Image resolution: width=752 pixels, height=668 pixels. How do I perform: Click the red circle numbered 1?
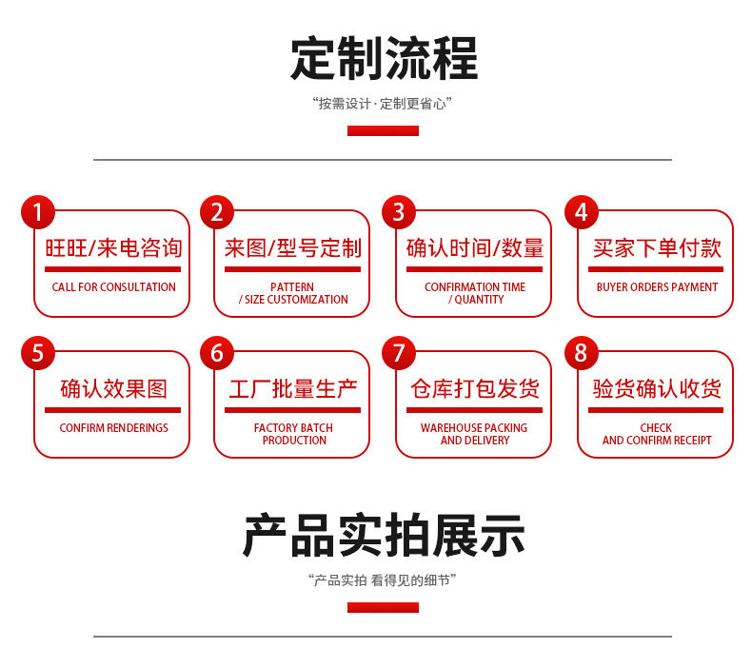pos(38,212)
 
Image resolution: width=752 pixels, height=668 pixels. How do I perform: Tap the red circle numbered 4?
pos(582,212)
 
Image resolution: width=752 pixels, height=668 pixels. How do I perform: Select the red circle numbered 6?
pos(217,353)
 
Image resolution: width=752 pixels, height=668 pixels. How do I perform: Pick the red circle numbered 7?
pos(399,353)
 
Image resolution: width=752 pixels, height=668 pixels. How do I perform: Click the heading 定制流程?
pos(384,58)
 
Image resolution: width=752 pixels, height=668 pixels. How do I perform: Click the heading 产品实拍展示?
pos(384,535)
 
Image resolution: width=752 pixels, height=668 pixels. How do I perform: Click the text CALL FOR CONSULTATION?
pos(113,287)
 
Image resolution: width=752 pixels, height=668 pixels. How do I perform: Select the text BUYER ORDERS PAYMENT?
pos(657,287)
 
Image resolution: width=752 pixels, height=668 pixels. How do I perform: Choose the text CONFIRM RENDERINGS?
pos(113,428)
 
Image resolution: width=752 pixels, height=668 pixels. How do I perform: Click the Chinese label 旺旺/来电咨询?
pos(113,248)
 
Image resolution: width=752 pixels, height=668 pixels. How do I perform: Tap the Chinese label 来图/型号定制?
pos(293,248)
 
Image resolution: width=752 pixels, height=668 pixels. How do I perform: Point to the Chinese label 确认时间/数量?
pos(475,248)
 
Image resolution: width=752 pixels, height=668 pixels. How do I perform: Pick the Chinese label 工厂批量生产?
pos(293,389)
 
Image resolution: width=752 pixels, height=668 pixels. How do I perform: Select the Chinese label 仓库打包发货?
pos(475,389)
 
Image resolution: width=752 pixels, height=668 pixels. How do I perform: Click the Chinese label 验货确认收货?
pos(657,389)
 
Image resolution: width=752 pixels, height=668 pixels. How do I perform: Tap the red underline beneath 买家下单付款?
pos(657,269)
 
